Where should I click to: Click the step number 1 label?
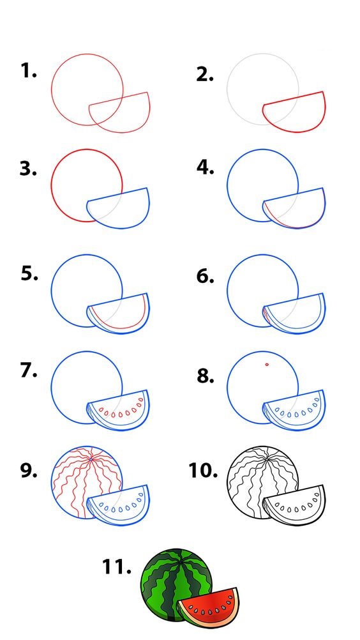coord(29,71)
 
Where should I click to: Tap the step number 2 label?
coord(205,74)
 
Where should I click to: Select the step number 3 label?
coord(28,168)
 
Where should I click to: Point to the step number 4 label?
coord(206,167)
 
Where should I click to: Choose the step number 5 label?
coord(29,273)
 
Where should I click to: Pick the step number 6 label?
coord(205,277)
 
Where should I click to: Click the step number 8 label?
coord(206,376)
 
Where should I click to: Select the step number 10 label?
coord(202,470)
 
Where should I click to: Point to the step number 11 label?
coord(116,567)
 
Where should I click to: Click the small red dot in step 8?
coord(267,364)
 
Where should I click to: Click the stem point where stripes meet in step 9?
coord(91,460)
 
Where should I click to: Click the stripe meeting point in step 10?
coord(267,460)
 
